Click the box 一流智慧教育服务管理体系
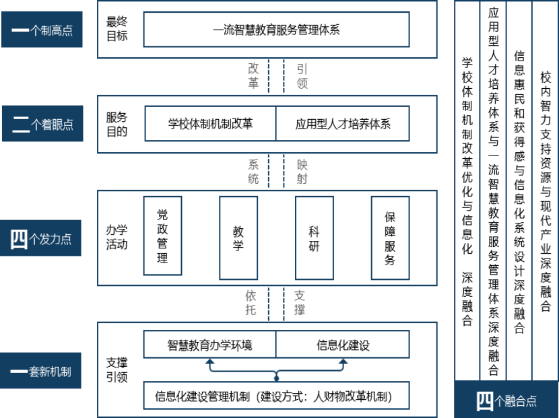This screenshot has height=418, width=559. click(276, 30)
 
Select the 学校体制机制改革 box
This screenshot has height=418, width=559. click(210, 124)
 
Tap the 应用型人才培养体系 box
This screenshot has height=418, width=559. click(343, 124)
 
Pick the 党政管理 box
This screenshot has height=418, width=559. click(162, 236)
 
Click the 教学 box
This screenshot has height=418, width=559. click(238, 237)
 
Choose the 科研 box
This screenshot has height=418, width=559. click(314, 237)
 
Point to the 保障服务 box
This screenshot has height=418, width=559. click(390, 237)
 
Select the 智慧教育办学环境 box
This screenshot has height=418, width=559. click(210, 345)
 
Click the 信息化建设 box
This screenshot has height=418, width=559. click(343, 345)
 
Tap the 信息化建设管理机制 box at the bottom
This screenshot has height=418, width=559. click(276, 395)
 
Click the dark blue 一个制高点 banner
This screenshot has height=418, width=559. click(42, 30)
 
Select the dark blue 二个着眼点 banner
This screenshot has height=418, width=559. click(42, 124)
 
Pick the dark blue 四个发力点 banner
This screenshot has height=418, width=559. click(42, 238)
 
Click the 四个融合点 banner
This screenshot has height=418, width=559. click(506, 400)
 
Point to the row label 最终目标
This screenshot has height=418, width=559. click(117, 29)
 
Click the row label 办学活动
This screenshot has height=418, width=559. click(117, 237)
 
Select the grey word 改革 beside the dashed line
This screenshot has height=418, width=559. click(253, 75)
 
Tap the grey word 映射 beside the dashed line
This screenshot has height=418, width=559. click(302, 171)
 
